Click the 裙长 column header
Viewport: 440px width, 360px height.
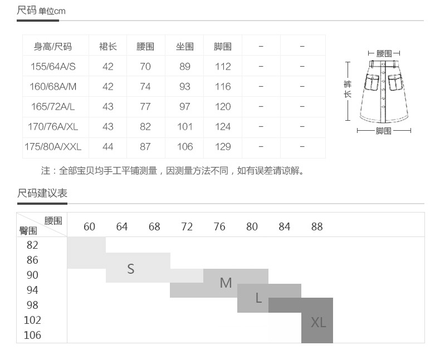(x=108, y=47)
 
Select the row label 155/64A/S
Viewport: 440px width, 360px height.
(x=53, y=67)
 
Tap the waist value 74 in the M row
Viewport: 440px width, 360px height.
(x=145, y=87)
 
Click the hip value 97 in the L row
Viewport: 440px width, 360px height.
(x=185, y=107)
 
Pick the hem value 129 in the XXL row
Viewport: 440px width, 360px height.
(x=223, y=147)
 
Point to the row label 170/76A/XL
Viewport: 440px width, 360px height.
(x=53, y=127)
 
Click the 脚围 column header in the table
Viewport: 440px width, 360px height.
(x=223, y=47)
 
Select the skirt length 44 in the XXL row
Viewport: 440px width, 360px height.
(x=108, y=147)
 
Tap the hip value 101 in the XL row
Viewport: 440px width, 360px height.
(x=185, y=127)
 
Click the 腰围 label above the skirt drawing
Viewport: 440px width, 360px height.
(x=384, y=53)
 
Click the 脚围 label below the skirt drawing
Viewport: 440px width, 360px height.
(x=384, y=131)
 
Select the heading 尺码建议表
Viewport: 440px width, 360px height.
(x=42, y=193)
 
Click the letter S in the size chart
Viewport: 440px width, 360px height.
(x=131, y=269)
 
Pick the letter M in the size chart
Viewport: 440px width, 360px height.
(x=226, y=283)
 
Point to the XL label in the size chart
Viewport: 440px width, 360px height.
(x=318, y=323)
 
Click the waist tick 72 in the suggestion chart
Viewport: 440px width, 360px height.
(x=187, y=226)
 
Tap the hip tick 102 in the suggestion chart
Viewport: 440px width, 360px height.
(x=32, y=320)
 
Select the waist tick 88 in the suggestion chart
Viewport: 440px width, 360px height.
(x=317, y=226)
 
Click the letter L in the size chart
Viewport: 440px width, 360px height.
(x=258, y=298)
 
